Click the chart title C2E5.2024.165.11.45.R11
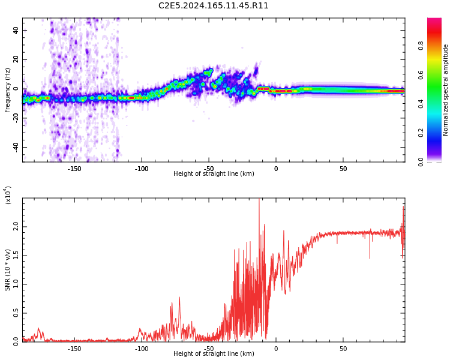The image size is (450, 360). point(213,6)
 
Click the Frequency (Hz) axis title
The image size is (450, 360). point(8,90)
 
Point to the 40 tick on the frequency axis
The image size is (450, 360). point(16,30)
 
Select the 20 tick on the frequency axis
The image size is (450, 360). point(16,59)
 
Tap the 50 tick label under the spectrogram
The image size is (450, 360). point(343,169)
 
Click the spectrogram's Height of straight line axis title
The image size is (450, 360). point(214,174)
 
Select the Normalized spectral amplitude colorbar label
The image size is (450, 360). point(446,90)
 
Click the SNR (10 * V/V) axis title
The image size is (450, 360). point(8,270)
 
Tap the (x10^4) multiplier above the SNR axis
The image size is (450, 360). point(8,195)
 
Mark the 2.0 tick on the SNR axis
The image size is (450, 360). point(16,227)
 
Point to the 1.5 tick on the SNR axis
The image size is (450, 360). point(16,256)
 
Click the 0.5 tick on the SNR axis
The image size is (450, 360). point(16,313)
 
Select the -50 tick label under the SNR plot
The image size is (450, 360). point(208,348)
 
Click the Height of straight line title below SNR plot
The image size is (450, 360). point(214,354)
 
